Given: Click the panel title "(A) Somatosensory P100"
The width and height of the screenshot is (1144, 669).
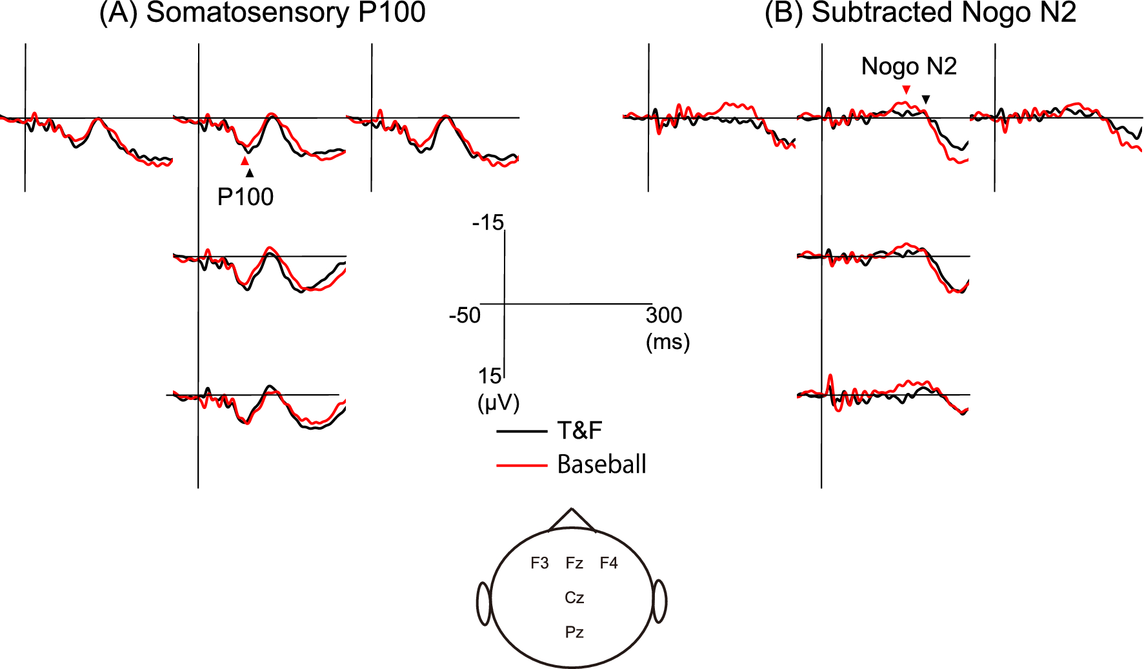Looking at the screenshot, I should click(262, 13).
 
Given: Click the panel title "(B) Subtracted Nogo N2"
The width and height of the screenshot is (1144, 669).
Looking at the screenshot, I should click(920, 13).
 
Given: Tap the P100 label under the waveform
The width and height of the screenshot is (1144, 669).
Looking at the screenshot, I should click(245, 197).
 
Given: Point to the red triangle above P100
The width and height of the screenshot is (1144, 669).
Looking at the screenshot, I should click(245, 161).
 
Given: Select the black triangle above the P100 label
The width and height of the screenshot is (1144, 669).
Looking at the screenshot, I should click(250, 172).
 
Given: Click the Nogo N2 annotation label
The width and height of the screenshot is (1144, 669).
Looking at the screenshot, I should click(908, 66).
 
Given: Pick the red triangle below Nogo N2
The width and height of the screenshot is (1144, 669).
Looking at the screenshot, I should click(907, 89).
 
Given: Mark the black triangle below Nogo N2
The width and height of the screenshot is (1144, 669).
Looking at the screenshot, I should click(926, 99).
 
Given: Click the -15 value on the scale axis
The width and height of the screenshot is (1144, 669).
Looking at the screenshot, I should click(488, 223).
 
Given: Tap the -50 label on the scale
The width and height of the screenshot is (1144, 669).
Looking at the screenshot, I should click(465, 315).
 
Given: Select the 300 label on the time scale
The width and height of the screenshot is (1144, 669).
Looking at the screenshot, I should click(664, 315).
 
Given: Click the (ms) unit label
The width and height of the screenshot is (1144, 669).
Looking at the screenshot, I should click(668, 341).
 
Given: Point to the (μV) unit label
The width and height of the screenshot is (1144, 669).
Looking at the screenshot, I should click(498, 403).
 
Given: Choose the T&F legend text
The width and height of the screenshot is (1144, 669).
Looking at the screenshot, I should click(579, 430).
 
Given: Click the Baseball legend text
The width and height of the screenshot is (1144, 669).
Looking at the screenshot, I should click(601, 464).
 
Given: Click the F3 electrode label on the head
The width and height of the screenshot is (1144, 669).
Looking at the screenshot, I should click(539, 563).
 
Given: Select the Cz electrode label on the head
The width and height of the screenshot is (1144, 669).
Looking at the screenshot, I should click(574, 598).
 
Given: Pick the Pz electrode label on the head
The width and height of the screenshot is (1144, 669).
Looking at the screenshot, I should click(574, 632).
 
